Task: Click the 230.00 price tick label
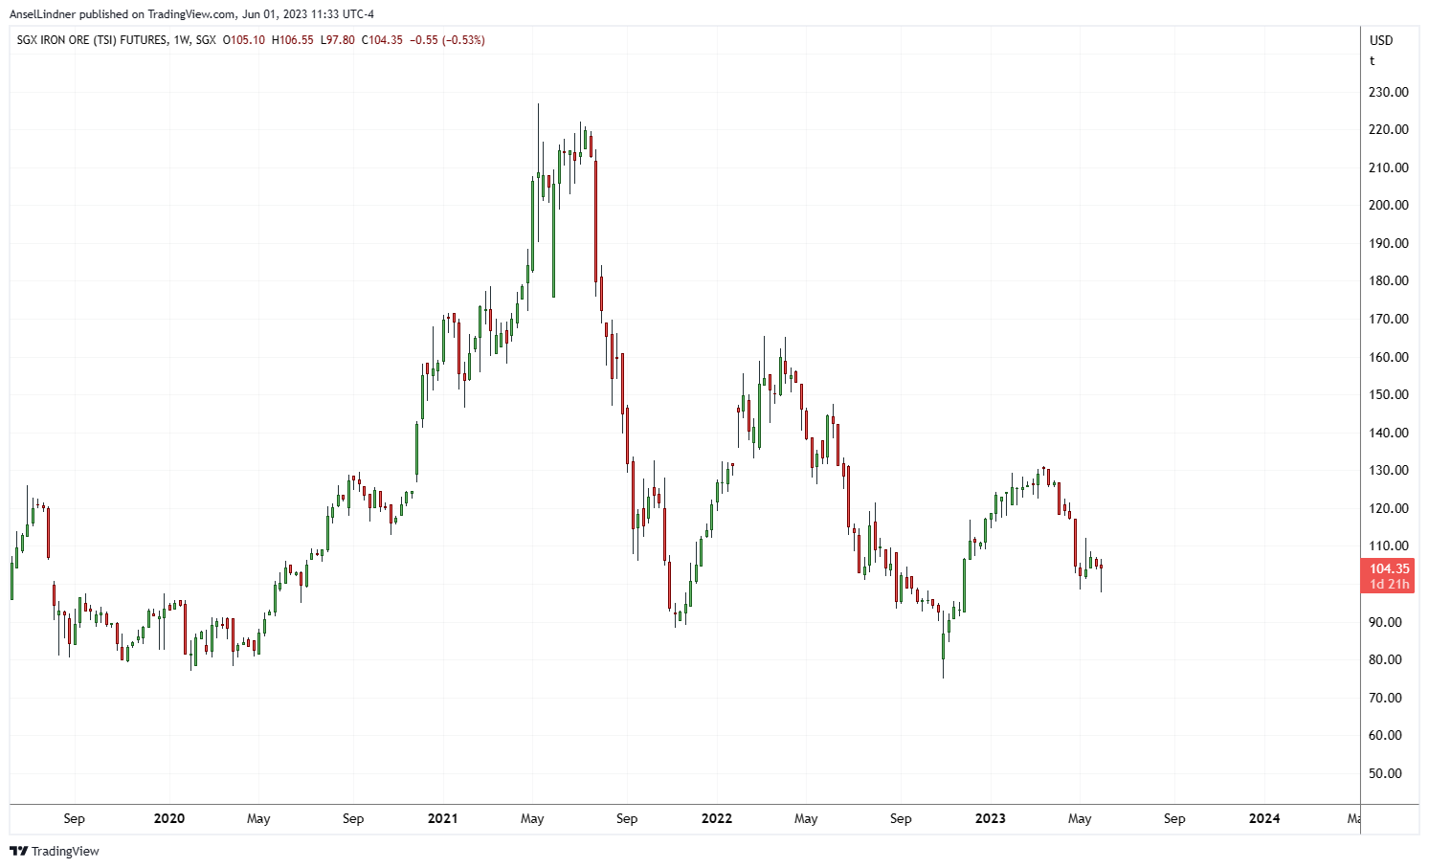coord(1388,93)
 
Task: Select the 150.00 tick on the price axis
coord(1388,395)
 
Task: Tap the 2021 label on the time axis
coord(442,819)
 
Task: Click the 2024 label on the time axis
coord(1264,819)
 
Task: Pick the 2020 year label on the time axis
coord(168,819)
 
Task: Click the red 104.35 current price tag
coord(1387,569)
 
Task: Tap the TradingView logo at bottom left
coord(55,852)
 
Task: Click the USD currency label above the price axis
coord(1381,40)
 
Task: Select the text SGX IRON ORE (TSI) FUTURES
coord(90,40)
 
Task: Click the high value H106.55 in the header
coord(293,40)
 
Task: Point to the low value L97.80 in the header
coord(338,40)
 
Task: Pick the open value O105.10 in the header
coord(244,40)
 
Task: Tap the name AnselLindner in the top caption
coord(42,14)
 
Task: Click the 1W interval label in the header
coord(180,40)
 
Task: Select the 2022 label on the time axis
coord(716,819)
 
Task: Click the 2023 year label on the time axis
coord(990,819)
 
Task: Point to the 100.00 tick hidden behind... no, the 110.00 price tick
coord(1388,546)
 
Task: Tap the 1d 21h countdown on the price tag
coord(1389,585)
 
